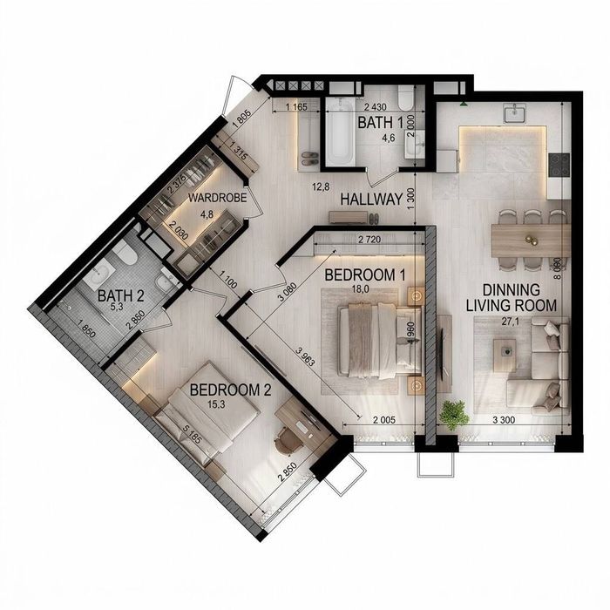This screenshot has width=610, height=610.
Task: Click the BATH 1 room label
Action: point(381,123)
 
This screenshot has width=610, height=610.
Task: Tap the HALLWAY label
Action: point(371,200)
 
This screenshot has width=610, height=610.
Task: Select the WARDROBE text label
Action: point(218,198)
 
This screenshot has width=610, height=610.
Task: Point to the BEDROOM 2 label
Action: point(230,390)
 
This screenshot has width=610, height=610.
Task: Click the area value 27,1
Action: point(511,322)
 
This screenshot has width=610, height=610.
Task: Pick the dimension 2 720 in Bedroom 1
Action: point(369,240)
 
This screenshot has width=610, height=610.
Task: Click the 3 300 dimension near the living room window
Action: point(504,420)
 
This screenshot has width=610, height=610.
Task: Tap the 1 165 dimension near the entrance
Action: point(296,106)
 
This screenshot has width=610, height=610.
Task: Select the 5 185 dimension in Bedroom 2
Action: point(193,434)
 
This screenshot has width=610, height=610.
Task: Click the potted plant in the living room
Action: point(453,415)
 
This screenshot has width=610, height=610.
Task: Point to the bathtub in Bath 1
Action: point(341,132)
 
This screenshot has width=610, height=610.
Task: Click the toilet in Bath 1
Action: point(405,98)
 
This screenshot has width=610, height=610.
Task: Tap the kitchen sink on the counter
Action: point(515,113)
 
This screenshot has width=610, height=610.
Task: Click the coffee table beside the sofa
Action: point(505,350)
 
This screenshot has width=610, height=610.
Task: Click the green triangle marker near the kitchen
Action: point(464,104)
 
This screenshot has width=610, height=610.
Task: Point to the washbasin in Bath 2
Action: point(98,270)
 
